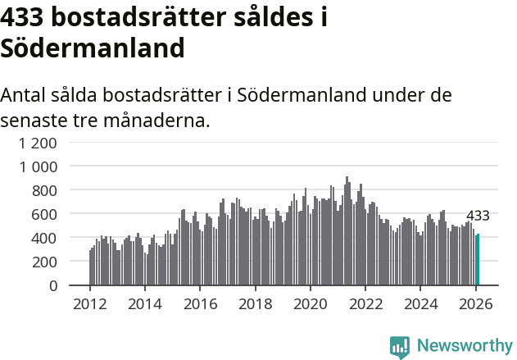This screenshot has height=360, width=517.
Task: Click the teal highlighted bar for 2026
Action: [x=478, y=260]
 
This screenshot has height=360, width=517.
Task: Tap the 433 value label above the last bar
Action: [x=478, y=216]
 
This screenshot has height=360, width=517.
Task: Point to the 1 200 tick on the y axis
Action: [x=39, y=143]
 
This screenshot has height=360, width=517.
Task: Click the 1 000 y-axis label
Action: [x=39, y=166]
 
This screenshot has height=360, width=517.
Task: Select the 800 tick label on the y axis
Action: [x=45, y=190]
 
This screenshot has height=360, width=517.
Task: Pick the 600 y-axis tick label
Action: [x=45, y=214]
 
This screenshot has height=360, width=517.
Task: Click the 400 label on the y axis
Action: [x=45, y=238]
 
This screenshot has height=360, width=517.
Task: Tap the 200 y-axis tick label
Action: [x=45, y=262]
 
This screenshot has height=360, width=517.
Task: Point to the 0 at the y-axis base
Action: [x=53, y=285]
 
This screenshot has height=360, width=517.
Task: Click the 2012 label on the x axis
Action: [x=89, y=304]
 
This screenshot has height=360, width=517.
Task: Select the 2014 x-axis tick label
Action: [x=145, y=304]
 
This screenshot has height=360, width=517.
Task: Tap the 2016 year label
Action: [x=200, y=304]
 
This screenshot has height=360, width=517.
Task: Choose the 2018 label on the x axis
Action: [x=256, y=304]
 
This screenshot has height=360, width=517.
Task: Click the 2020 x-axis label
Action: [x=311, y=304]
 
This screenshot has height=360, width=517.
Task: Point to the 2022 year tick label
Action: [x=366, y=304]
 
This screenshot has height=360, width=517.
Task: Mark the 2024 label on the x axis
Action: [x=421, y=304]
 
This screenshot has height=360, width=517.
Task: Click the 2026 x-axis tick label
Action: [x=476, y=304]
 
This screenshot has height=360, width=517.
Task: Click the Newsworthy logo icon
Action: [x=400, y=347]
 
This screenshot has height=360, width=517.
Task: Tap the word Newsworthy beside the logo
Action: [x=465, y=346]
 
